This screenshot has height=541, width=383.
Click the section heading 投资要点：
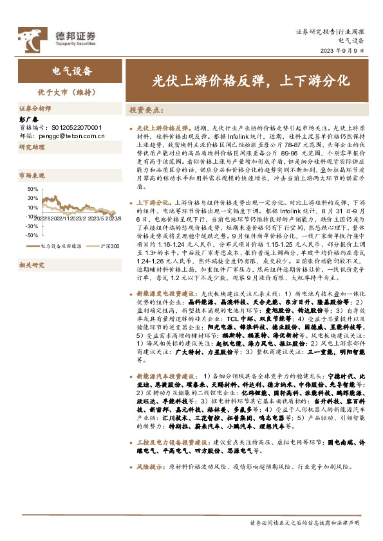(147, 110)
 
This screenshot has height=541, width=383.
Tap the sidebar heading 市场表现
(32, 175)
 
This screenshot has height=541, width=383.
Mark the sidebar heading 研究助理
(32, 147)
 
